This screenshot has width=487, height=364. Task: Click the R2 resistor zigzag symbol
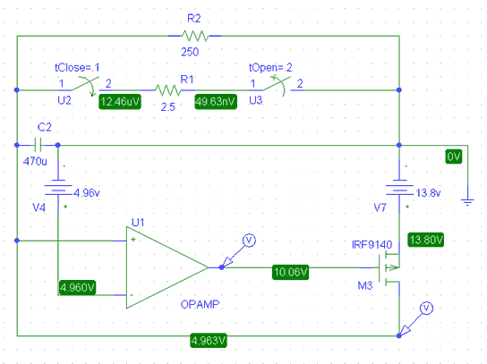(x=195, y=36)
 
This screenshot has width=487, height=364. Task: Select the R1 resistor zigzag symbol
(x=167, y=90)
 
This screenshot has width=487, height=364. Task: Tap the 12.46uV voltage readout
(x=120, y=102)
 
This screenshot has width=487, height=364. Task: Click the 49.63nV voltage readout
(x=216, y=102)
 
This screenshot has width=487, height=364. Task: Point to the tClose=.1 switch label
(x=77, y=67)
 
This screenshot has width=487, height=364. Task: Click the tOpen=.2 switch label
(x=270, y=67)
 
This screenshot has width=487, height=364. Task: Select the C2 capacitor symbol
(x=38, y=145)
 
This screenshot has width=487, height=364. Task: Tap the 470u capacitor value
(x=35, y=161)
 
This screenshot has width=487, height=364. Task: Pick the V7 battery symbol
(x=399, y=187)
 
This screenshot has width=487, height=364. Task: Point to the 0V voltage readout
(x=454, y=157)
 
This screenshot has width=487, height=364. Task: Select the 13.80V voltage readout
(x=426, y=240)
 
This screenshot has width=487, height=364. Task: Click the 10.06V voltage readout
(x=290, y=272)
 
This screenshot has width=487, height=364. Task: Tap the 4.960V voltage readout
(x=77, y=288)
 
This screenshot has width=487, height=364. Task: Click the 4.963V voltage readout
(x=209, y=341)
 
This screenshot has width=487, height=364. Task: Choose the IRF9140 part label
(x=372, y=245)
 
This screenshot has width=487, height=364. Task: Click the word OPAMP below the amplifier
(x=200, y=304)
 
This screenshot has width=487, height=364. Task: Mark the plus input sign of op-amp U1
(x=133, y=240)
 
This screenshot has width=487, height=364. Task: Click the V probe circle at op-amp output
(x=249, y=241)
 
